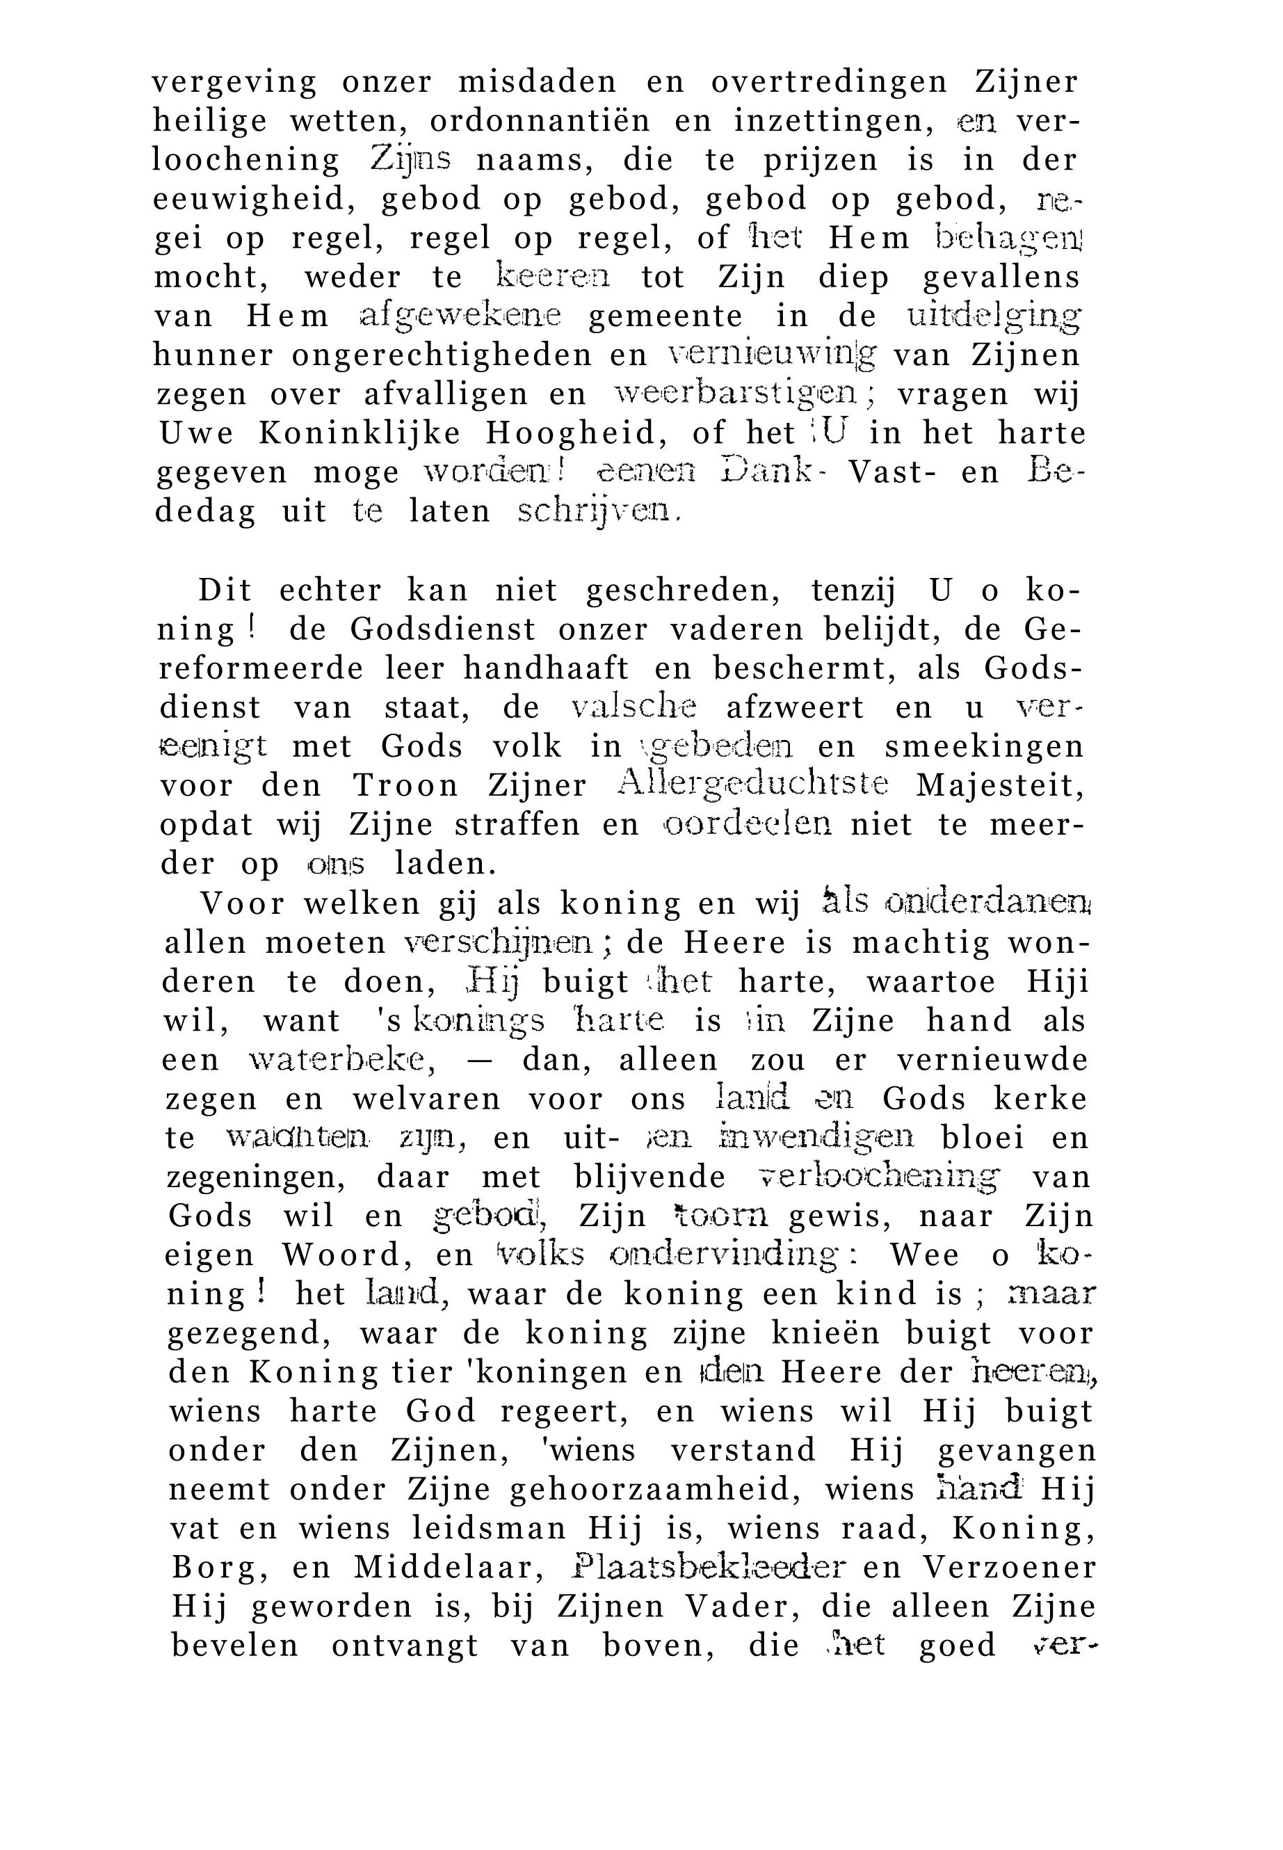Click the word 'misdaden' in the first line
pyautogui.click(x=537, y=82)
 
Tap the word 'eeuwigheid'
pyautogui.click(x=256, y=200)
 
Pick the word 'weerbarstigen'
pyautogui.click(x=735, y=393)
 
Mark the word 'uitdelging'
pyautogui.click(x=994, y=316)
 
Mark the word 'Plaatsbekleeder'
pyautogui.click(x=710, y=1567)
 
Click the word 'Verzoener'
pyautogui.click(x=1008, y=1568)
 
